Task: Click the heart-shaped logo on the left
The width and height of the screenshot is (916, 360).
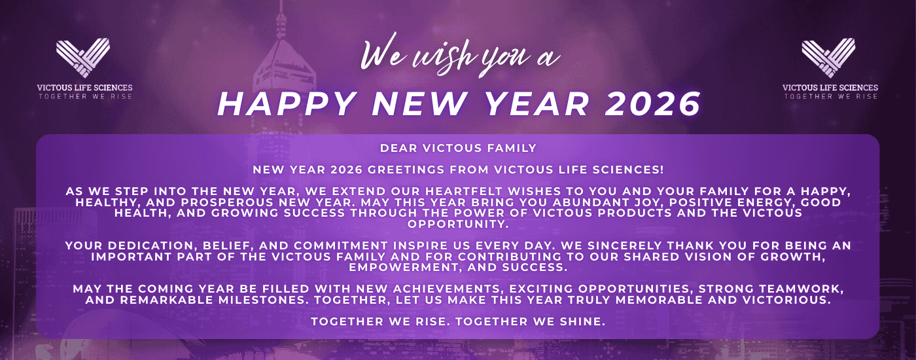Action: (83, 58)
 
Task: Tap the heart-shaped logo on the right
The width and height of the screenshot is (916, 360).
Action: (828, 58)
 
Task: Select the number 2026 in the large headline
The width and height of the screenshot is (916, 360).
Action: (653, 103)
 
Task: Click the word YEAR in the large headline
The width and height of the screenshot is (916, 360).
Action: (537, 103)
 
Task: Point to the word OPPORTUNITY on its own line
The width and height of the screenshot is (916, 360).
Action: (458, 224)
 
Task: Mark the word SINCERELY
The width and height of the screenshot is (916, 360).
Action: (624, 245)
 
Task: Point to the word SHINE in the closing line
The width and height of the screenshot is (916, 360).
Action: (582, 321)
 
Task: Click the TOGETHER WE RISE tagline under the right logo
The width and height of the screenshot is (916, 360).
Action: (831, 97)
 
